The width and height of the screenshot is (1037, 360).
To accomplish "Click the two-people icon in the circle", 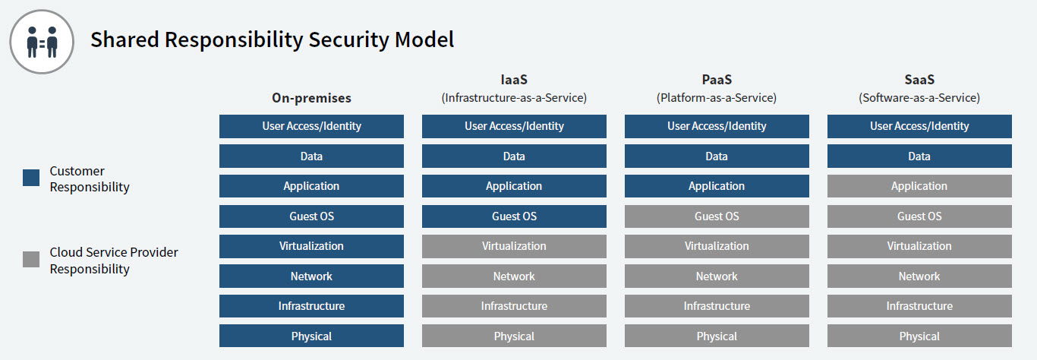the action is (42, 42).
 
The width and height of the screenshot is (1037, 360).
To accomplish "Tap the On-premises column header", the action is (311, 98).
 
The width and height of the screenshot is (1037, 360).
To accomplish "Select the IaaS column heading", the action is (514, 80).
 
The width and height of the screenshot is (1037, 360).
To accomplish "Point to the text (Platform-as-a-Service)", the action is (717, 98).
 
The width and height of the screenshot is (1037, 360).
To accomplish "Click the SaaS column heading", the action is (919, 80).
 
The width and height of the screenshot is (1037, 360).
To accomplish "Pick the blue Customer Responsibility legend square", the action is (31, 178).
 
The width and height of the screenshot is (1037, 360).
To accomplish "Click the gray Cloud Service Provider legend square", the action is (31, 260).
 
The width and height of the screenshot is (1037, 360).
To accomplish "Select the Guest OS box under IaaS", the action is (514, 216).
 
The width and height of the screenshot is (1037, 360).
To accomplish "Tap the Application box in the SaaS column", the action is (919, 186).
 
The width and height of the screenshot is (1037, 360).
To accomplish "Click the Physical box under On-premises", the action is (311, 336).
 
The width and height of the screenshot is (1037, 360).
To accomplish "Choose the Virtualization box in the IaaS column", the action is (514, 246).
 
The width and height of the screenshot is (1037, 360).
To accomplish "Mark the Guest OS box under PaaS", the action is (717, 216).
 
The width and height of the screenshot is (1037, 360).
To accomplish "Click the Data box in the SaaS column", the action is (919, 156).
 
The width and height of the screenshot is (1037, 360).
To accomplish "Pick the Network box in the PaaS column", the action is (717, 276).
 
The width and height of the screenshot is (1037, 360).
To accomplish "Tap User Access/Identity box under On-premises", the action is (311, 127).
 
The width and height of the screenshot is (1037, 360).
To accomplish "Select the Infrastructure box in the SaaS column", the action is (919, 306).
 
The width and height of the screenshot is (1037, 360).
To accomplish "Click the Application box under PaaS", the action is (717, 186).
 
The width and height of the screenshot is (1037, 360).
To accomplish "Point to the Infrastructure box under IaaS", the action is (514, 306).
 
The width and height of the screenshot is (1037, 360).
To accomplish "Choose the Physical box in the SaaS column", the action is (919, 336).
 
